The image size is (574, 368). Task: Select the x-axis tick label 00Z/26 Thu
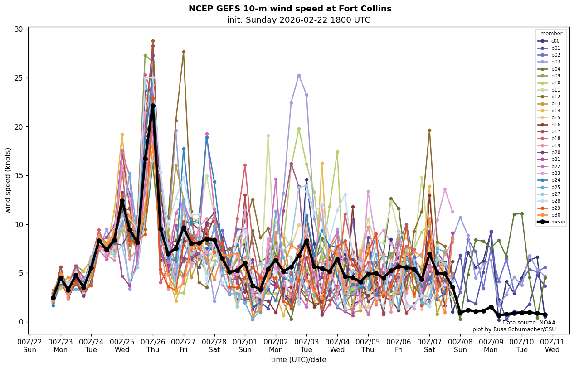coord(153,345)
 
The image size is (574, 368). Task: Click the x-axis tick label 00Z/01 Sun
coord(245,345)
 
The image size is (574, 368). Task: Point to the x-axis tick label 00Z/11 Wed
coord(552,345)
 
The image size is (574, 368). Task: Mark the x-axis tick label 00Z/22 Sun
coord(30,345)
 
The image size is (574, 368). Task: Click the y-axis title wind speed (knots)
coord(8,180)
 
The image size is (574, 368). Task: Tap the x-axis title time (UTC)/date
coord(298,360)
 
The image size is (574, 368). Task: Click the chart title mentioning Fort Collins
coord(290,9)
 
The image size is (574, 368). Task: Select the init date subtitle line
coord(298,20)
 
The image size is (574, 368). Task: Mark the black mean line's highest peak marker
coord(153,106)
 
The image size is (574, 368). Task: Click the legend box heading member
coord(551,34)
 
